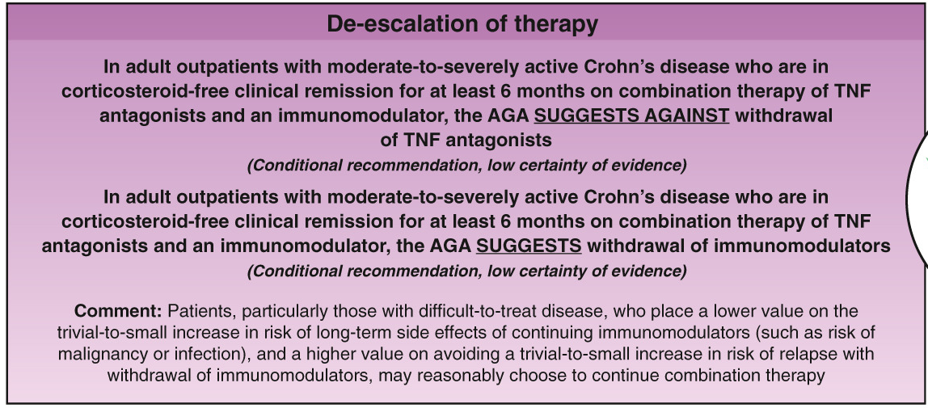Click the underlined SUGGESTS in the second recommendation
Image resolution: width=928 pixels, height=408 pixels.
pyautogui.click(x=529, y=246)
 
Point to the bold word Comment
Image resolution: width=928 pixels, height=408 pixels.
pyautogui.click(x=118, y=311)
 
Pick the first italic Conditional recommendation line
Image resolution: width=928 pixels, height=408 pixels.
pyautogui.click(x=467, y=165)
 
